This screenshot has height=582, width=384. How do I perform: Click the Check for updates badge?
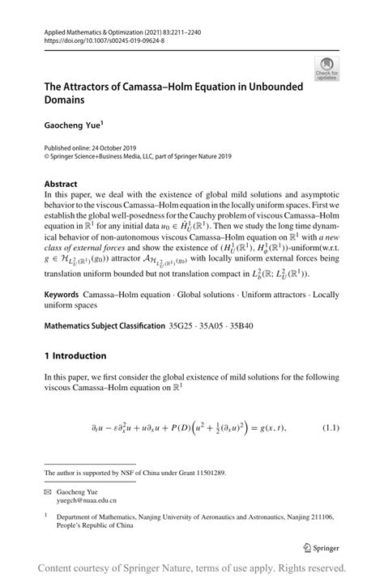(x=328, y=69)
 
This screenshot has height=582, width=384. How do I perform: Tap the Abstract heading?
(x=61, y=184)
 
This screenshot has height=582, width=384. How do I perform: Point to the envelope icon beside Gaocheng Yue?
(x=49, y=491)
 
